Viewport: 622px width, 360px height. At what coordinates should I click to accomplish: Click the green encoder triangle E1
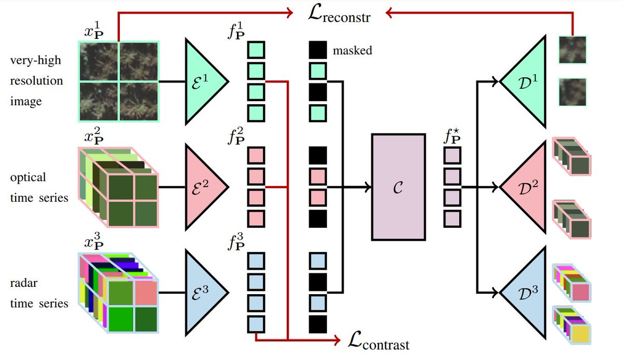coord(204,82)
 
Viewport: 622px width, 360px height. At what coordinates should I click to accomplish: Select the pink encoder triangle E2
coord(204,187)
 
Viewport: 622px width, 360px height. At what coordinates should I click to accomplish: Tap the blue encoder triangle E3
coord(204,293)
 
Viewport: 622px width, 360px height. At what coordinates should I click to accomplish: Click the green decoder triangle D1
coord(526,82)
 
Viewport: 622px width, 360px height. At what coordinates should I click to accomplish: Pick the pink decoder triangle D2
coord(526,187)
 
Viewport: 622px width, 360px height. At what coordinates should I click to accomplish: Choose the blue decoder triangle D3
coord(526,293)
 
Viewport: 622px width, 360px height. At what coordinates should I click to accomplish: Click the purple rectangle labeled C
coord(399,187)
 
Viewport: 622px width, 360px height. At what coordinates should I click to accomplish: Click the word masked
coord(352,51)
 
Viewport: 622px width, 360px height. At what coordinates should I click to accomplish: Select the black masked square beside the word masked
coord(318,50)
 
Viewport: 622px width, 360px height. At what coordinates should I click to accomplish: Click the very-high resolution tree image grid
coord(119,81)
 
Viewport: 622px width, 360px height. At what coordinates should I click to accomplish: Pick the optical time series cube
coord(118,187)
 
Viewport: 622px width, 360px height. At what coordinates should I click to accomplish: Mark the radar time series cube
coord(118,293)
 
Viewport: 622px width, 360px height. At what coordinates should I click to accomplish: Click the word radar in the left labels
coord(24,283)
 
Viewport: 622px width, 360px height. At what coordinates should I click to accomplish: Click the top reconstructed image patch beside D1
coord(573,50)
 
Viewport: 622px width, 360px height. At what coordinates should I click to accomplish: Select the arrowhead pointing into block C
coord(368,187)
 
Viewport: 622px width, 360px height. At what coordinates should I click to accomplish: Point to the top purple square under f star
coord(453,156)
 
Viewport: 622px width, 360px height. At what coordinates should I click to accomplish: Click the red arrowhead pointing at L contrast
coord(337,340)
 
